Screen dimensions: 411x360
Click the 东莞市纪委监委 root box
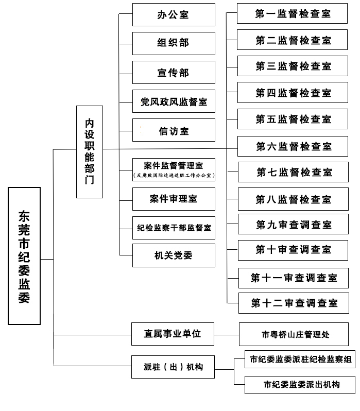tap(24, 256)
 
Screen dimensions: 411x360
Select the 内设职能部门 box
tap(90, 152)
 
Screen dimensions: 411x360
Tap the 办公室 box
tap(174, 14)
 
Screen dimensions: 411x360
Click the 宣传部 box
tap(174, 73)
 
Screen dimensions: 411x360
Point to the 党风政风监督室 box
tap(174, 101)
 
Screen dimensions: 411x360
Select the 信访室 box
tap(174, 131)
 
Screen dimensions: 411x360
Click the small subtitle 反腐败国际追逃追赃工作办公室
tap(174, 176)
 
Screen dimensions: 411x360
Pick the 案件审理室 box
tap(174, 199)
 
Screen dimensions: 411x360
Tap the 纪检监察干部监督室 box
tap(174, 227)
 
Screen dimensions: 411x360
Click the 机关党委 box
tap(174, 255)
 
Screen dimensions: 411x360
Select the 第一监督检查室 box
tap(293, 13)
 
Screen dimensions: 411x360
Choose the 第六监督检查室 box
tap(294, 147)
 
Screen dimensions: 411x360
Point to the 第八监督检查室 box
tap(294, 199)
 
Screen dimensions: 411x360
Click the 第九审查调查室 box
tap(294, 225)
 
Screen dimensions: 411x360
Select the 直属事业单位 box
tap(172, 334)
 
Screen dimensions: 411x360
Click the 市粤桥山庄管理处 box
tap(296, 334)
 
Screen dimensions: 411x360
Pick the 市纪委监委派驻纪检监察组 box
tap(300, 359)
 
